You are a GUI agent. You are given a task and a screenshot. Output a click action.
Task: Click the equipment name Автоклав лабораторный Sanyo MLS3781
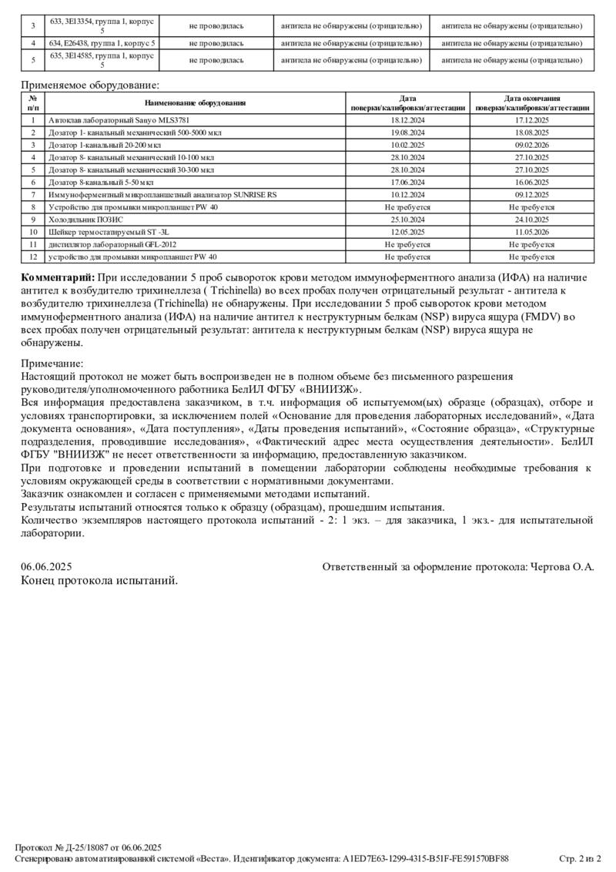click(x=119, y=121)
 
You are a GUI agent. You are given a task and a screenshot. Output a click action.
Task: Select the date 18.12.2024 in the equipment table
click(x=407, y=121)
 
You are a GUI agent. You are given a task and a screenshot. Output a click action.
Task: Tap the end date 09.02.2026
click(x=531, y=145)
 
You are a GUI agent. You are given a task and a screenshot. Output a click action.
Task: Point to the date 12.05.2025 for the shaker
click(x=407, y=231)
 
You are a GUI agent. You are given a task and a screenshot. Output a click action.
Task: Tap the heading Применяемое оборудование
click(x=90, y=86)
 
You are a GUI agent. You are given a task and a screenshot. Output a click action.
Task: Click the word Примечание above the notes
click(x=52, y=364)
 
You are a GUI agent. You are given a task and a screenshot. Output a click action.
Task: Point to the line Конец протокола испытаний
click(x=99, y=580)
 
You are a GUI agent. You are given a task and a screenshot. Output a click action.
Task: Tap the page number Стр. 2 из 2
click(x=579, y=858)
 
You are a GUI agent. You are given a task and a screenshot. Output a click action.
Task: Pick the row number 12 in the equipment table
click(x=33, y=257)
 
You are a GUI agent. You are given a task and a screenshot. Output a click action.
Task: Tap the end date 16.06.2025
click(x=531, y=182)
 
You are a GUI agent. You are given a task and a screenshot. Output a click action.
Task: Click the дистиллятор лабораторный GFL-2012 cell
click(x=99, y=243)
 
